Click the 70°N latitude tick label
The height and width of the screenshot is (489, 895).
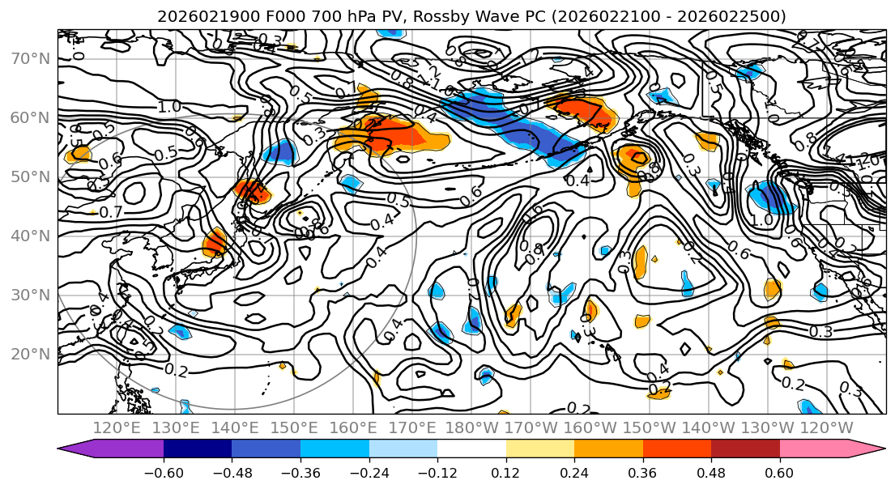30,59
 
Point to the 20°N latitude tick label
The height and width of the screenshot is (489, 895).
30,354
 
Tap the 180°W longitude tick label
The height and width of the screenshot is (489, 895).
471,427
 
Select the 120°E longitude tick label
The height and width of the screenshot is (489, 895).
117,427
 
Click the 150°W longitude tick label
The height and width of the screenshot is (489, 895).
649,427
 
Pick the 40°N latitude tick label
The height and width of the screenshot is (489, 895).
30,236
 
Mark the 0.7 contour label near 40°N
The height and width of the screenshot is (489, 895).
111,212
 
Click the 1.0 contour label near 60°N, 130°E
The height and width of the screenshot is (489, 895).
169,107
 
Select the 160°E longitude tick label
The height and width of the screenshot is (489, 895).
353,427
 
